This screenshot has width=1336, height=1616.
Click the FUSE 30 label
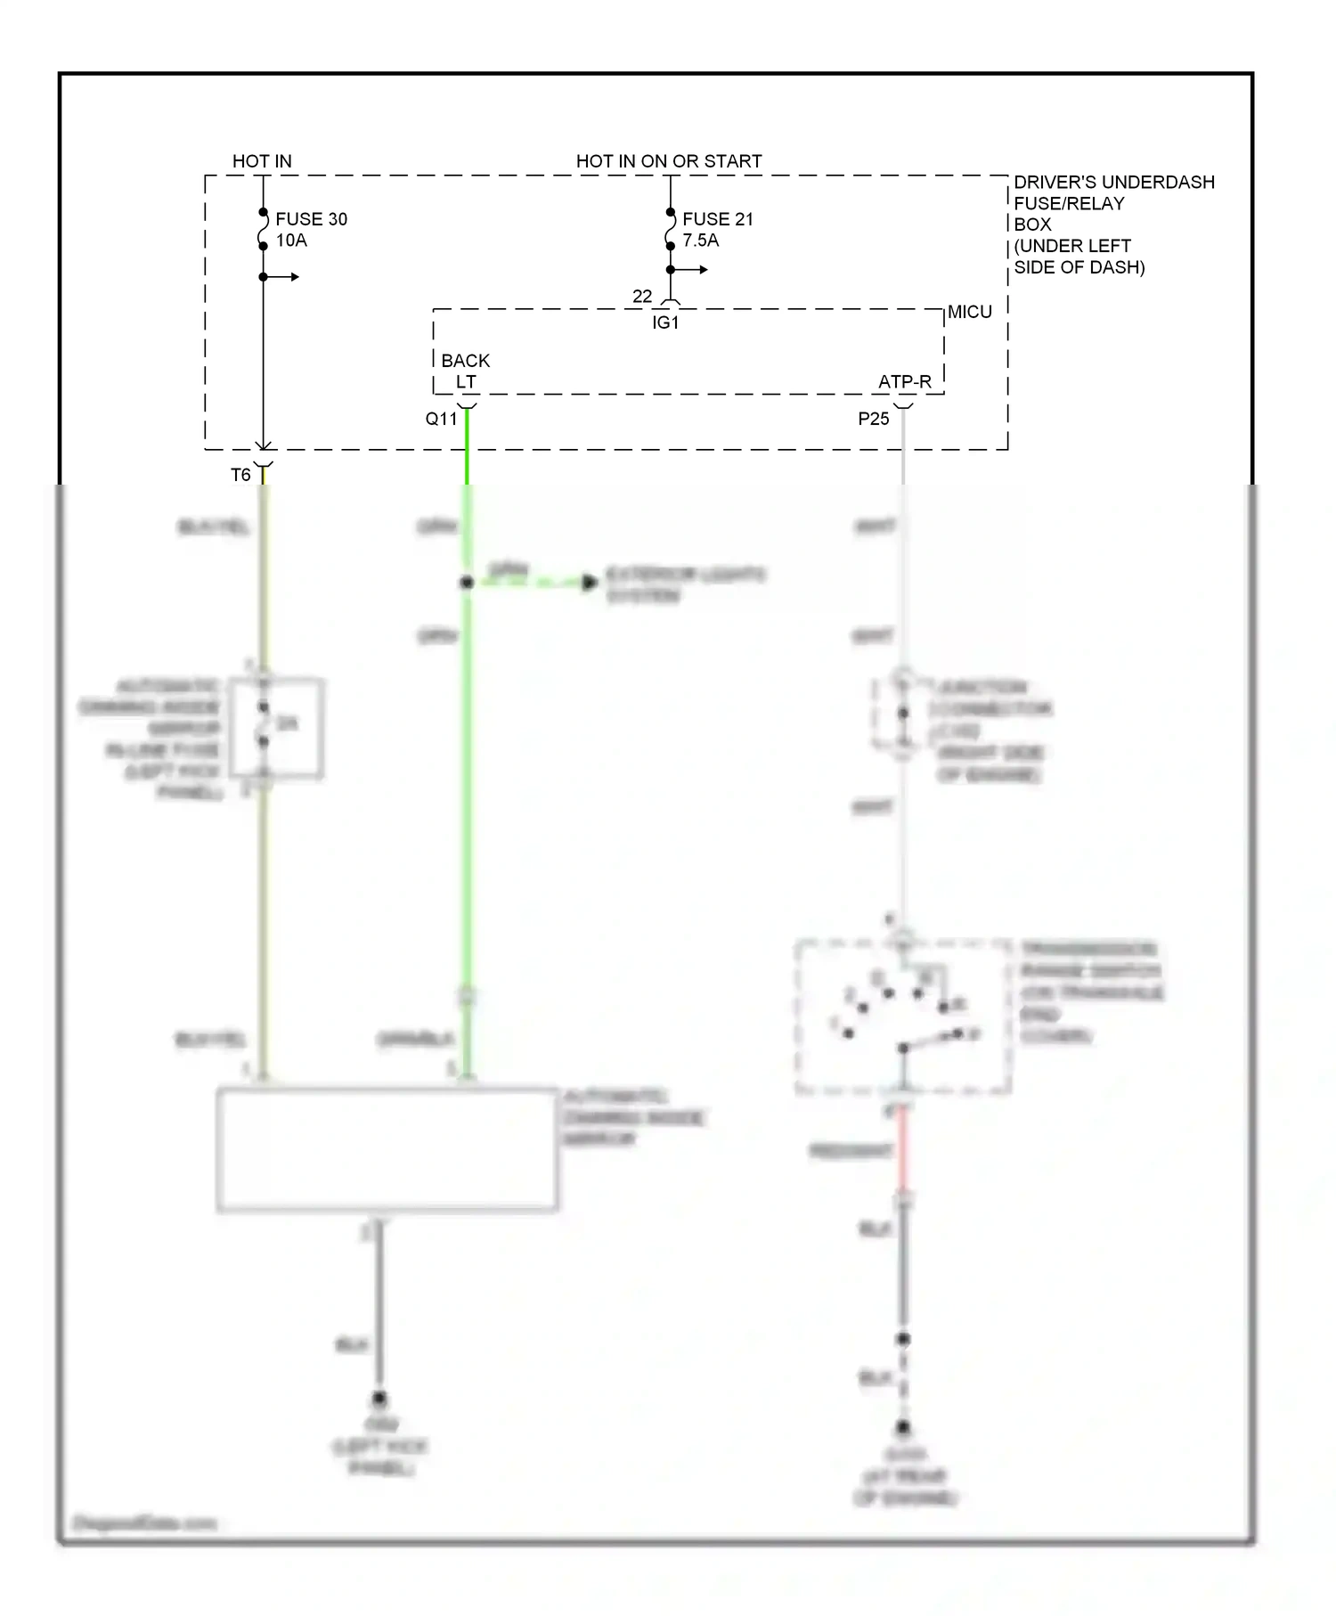point(311,219)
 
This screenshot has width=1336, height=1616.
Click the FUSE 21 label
point(717,219)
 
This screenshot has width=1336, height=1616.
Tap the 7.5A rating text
point(700,241)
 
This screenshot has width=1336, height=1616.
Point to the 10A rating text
point(291,241)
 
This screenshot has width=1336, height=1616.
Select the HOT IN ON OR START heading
point(668,161)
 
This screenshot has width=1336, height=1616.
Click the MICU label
point(969,313)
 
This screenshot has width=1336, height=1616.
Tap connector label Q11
point(441,419)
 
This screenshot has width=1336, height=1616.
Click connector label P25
point(873,419)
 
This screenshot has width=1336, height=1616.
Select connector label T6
point(240,475)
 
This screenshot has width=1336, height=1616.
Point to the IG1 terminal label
point(665,322)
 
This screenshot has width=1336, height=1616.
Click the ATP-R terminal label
point(904,382)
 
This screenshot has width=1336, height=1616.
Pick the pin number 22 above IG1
point(642,296)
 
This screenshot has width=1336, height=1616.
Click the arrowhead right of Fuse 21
point(704,269)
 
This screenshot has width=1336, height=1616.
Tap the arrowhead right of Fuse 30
point(295,277)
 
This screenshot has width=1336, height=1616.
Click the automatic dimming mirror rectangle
point(387,1149)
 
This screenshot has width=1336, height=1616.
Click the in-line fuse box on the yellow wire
point(276,728)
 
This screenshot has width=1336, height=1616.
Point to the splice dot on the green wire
point(466,583)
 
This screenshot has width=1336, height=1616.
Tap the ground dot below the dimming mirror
point(379,1398)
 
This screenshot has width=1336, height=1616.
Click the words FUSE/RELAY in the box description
point(1068,204)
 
